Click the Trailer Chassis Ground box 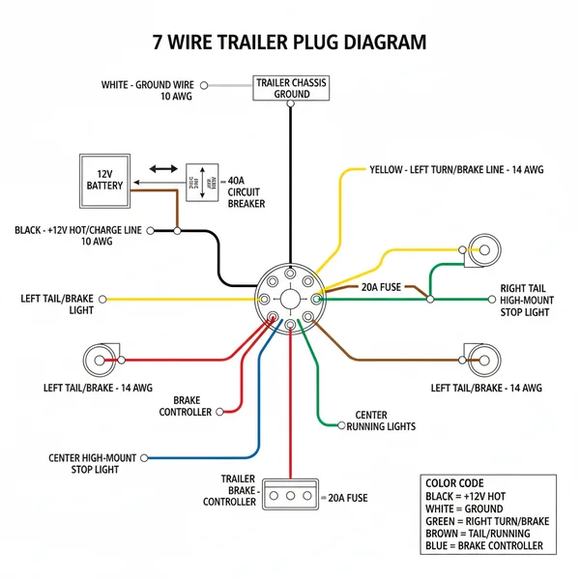click(x=291, y=89)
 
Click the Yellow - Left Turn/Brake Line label click(x=456, y=169)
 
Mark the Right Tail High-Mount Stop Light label click(x=525, y=301)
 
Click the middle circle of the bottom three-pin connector click(x=291, y=495)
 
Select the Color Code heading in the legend click(x=454, y=483)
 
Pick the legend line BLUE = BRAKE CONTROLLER click(x=484, y=546)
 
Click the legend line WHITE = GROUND click(x=464, y=508)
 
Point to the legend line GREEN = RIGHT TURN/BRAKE click(x=487, y=521)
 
